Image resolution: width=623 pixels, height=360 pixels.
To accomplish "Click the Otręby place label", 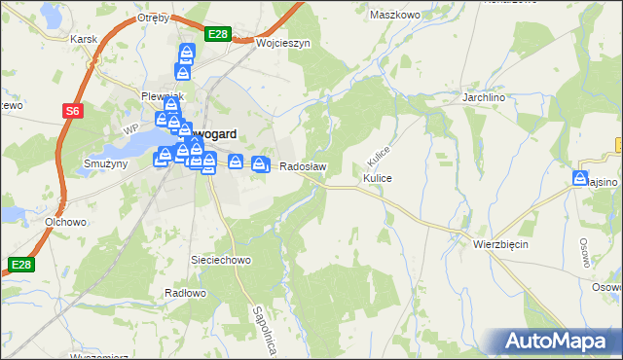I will coord(154,18).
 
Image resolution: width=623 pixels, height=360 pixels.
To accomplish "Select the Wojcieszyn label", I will coord(282,44).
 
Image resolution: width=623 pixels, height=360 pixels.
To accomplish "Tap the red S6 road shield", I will coord(73,111).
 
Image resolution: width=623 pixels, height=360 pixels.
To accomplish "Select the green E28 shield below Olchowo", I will coord(21,264).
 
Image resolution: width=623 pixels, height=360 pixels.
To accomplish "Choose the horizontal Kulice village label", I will coord(377,179).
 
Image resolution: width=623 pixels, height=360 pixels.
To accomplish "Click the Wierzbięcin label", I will coord(500,244).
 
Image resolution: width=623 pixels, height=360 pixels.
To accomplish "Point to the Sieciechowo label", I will coord(221,260).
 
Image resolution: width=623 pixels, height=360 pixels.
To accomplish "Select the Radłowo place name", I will coord(182,293).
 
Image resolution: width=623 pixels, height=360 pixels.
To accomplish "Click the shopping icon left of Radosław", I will coord(260,164).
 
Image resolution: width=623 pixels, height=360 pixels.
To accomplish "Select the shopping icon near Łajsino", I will coord(581,179).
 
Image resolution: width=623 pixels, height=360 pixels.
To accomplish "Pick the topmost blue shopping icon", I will coord(186,54).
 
